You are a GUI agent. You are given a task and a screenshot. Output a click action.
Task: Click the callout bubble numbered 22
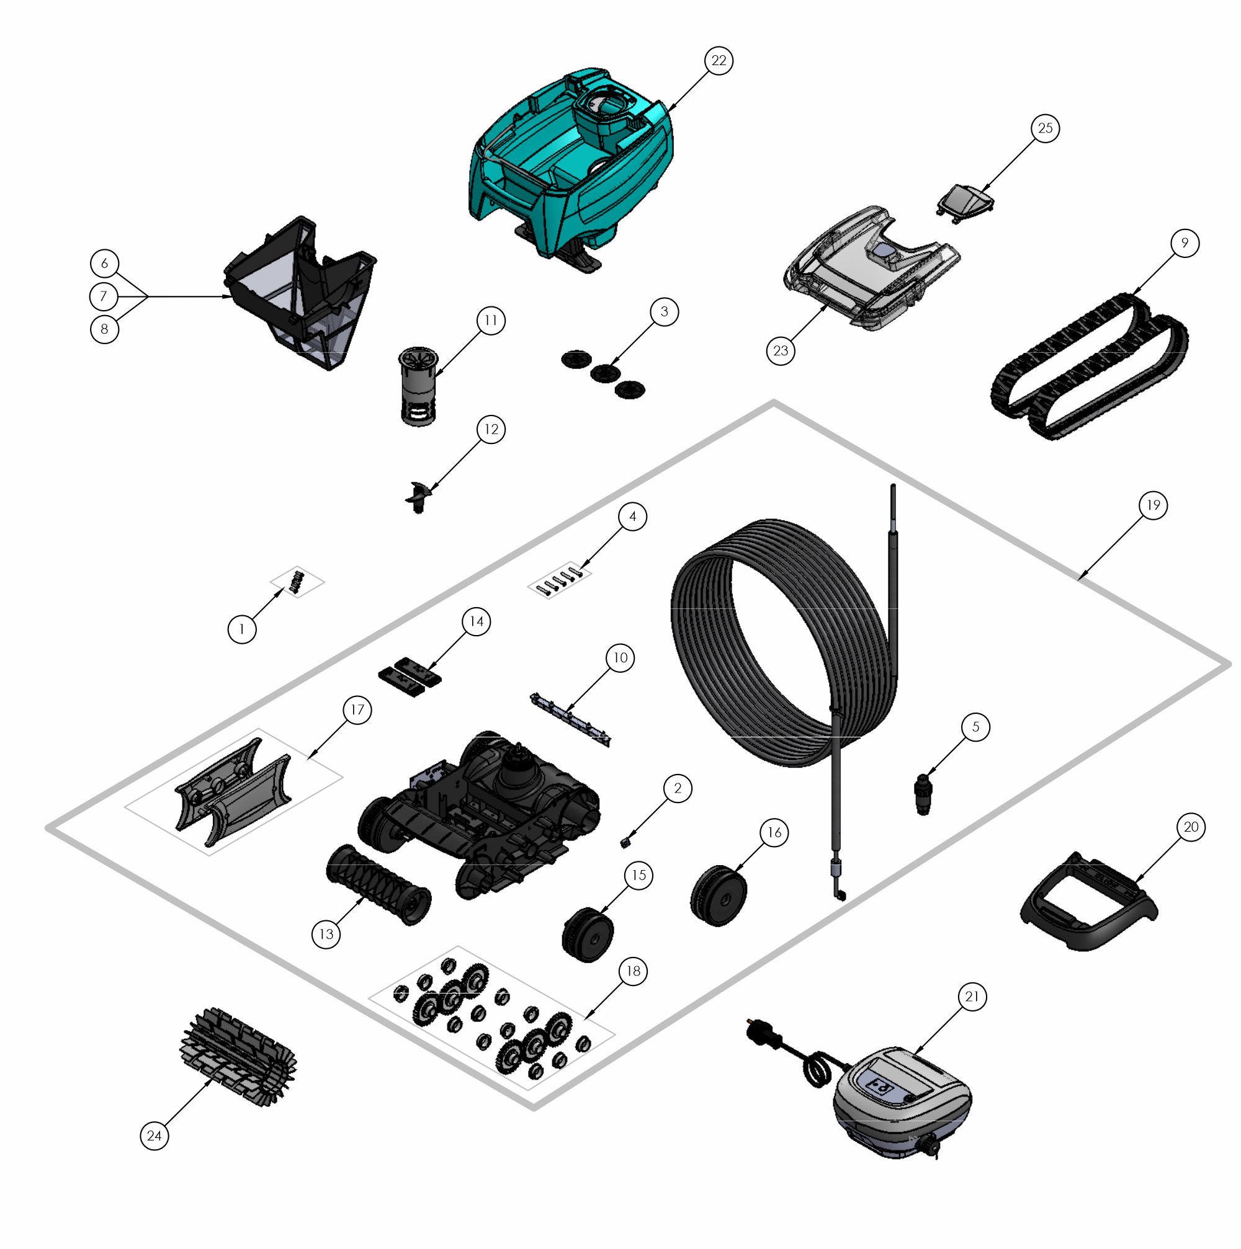[x=719, y=61]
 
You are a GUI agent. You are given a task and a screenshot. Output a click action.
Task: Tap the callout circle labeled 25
[x=1045, y=128]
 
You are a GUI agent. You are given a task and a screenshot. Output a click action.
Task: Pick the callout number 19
[x=1154, y=505]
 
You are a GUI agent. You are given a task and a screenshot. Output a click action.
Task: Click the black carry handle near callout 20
[x=1088, y=902]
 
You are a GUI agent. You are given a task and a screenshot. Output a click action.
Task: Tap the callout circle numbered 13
[x=326, y=933]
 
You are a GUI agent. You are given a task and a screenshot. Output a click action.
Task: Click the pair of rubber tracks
[x=1089, y=366]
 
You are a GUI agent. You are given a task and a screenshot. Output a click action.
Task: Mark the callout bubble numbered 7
[x=104, y=296]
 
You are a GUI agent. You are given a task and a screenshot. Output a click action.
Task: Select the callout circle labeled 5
[x=975, y=727]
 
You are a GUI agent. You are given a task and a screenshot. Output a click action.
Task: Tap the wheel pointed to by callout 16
[x=719, y=896]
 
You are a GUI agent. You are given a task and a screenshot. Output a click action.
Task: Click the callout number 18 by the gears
[x=633, y=971]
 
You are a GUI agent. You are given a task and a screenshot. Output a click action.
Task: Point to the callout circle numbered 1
[x=242, y=629]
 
